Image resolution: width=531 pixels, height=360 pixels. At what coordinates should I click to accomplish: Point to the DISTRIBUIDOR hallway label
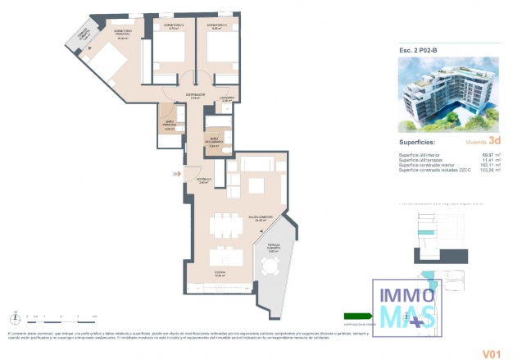[195, 95]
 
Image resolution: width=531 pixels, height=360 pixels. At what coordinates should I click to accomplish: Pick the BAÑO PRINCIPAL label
[170, 127]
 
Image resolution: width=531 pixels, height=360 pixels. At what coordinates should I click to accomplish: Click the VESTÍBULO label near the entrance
[202, 180]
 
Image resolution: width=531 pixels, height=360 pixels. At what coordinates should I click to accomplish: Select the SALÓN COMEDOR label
[260, 217]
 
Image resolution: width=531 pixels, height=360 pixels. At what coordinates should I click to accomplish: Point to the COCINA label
[219, 275]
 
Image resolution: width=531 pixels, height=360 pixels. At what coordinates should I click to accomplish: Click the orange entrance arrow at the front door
[176, 174]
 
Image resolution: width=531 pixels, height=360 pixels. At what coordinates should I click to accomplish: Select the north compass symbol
[16, 316]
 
